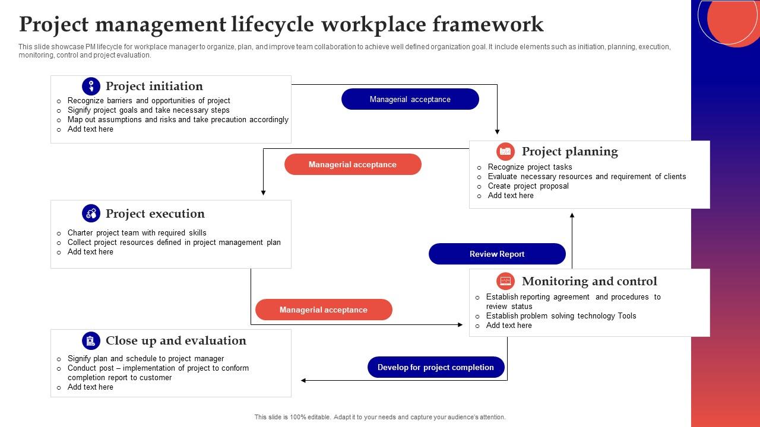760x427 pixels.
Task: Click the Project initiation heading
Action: pos(154,86)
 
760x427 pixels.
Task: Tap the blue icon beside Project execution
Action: pos(91,213)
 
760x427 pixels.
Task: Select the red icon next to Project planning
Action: pos(505,152)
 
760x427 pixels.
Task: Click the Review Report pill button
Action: pos(497,254)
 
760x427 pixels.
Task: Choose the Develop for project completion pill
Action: pos(436,367)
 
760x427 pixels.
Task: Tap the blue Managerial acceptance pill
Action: pos(410,99)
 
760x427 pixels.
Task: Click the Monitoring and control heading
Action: pos(589,281)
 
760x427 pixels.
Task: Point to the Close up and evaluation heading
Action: pos(176,340)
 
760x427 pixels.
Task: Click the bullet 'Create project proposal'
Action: pos(528,186)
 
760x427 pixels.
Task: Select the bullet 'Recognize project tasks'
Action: pos(530,167)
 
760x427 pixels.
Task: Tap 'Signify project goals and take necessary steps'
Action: pos(148,110)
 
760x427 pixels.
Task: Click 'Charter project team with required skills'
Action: pos(137,232)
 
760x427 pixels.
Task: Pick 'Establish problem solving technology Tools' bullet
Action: pos(560,316)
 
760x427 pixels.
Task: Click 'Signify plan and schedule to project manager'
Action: pos(145,358)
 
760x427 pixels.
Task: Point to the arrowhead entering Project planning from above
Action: pos(497,132)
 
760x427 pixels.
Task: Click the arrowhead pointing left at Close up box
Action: pos(304,380)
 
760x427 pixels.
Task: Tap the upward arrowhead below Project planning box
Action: pos(572,216)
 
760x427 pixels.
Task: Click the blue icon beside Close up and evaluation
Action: pos(91,340)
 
